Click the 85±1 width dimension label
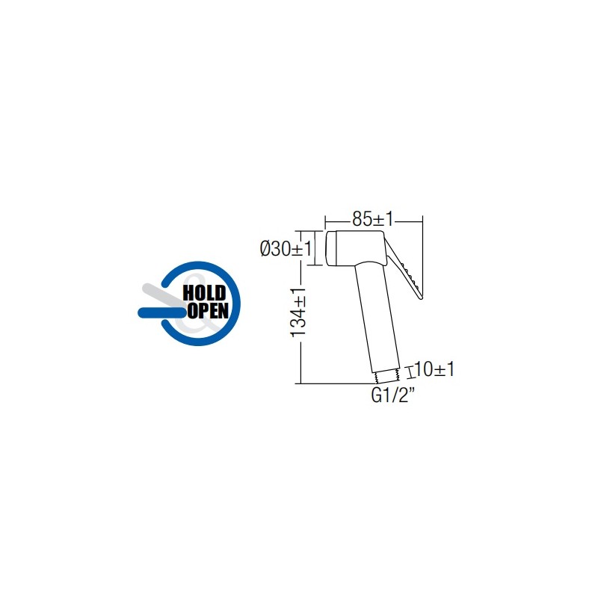click(x=372, y=219)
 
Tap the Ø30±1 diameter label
click(x=286, y=249)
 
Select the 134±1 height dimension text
click(x=298, y=312)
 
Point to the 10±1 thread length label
click(x=434, y=369)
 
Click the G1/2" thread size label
click(x=392, y=395)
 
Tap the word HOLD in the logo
click(x=204, y=293)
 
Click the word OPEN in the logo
click(x=208, y=310)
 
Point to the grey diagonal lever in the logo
click(x=162, y=295)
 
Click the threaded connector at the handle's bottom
click(x=386, y=377)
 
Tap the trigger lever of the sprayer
click(x=404, y=268)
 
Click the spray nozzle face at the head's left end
click(x=330, y=248)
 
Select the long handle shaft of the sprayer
click(x=377, y=317)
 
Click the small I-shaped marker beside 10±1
click(x=410, y=372)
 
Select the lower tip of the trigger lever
click(x=421, y=298)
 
